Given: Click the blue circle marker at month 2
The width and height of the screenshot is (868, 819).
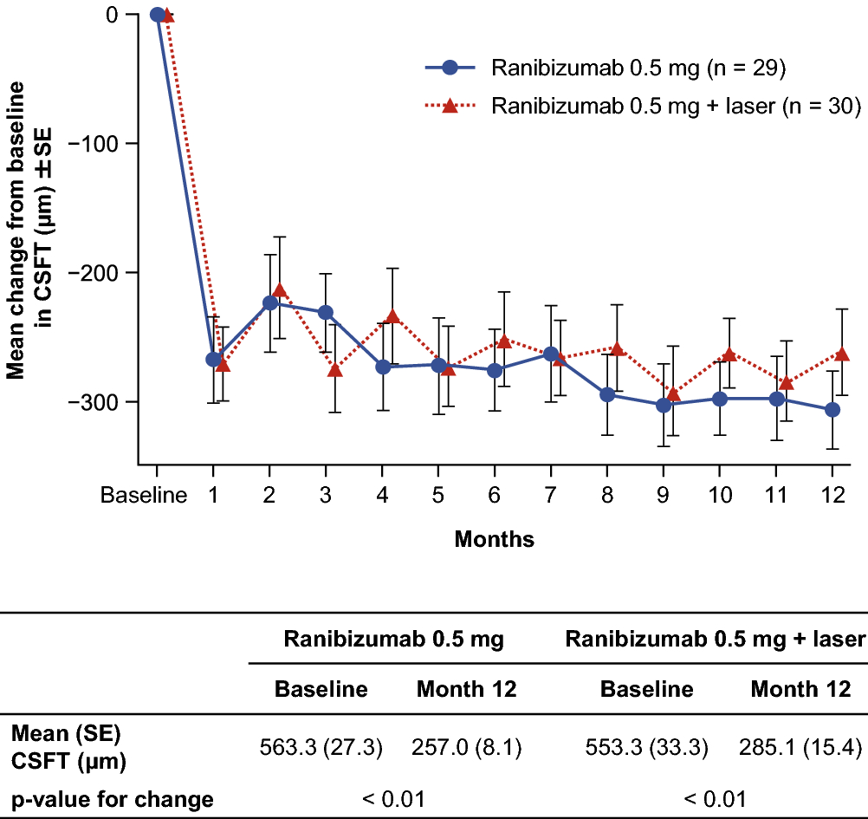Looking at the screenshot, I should (270, 302).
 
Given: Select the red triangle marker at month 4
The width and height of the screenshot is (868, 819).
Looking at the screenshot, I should (392, 316).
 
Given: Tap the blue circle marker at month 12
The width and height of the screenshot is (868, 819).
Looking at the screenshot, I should (832, 410).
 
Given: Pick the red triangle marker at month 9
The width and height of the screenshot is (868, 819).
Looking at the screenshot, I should (673, 394).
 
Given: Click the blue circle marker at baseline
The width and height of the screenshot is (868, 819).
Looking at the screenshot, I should (157, 14).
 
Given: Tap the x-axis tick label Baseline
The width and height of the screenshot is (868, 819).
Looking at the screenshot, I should (144, 497).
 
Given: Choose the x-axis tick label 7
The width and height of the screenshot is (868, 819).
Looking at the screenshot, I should (551, 497).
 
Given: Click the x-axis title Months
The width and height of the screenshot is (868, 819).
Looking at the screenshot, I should (495, 540).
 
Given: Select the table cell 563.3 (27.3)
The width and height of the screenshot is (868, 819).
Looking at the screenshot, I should (321, 748).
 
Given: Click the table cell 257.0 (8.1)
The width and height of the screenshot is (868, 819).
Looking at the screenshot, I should (467, 748).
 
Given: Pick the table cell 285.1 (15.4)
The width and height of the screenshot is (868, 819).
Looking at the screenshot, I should (801, 748).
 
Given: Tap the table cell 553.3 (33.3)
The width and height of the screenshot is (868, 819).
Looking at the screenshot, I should (647, 748).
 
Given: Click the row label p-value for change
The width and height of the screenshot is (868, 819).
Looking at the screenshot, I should (112, 798).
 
